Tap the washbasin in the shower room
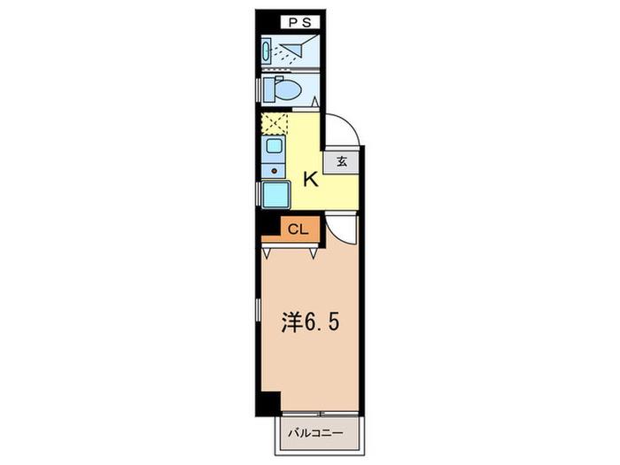click(266, 50)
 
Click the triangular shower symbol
click(295, 47)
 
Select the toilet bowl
click(288, 90)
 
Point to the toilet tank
click(268, 89)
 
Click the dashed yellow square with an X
click(275, 124)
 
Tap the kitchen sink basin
click(273, 145)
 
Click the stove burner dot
click(274, 171)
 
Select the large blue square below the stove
click(276, 194)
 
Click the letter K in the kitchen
click(311, 180)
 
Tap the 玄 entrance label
click(342, 162)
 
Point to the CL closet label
click(298, 229)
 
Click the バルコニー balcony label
click(315, 433)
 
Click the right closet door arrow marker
click(314, 252)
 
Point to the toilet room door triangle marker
click(315, 101)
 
